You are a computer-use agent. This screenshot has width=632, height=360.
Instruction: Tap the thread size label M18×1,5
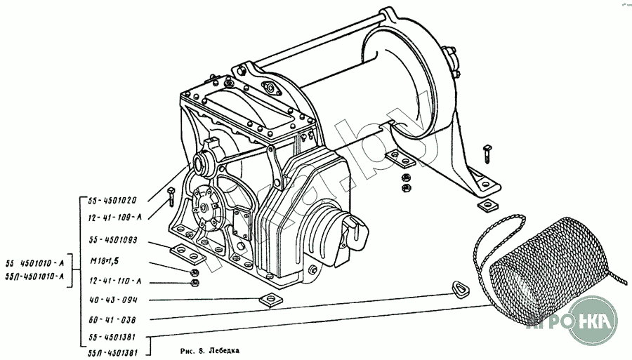103,261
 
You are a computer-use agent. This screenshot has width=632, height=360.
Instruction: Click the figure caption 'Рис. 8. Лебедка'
209,348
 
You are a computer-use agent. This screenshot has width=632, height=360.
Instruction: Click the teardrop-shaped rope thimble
459,288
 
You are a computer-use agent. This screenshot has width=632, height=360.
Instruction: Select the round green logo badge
593,319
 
